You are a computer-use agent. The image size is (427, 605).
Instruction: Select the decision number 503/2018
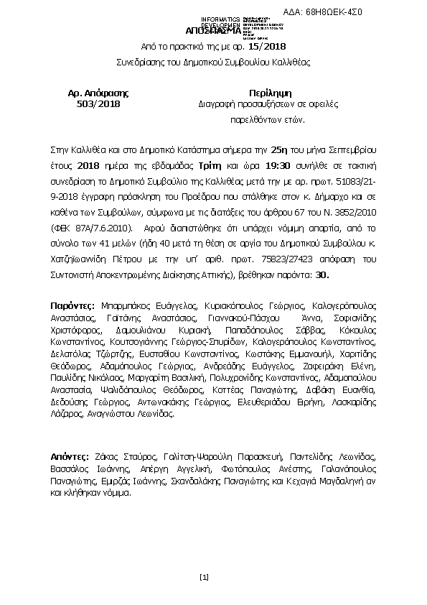coord(98,104)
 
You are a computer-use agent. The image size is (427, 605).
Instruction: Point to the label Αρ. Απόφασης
coord(98,93)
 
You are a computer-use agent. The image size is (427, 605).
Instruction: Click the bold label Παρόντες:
coord(70,305)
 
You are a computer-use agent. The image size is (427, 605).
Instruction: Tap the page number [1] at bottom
coord(204,577)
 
